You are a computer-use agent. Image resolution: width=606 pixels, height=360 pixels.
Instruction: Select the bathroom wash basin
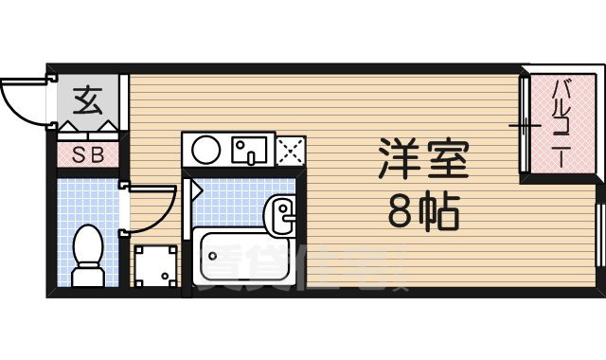tap(282, 212)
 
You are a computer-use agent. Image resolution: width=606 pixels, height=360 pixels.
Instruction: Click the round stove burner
tap(205, 150)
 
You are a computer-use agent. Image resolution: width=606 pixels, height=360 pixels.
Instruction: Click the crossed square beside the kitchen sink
tap(291, 150)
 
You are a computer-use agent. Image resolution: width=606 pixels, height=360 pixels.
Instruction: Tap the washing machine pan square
tap(154, 267)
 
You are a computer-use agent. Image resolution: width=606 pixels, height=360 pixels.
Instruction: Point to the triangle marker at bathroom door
tap(197, 189)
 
